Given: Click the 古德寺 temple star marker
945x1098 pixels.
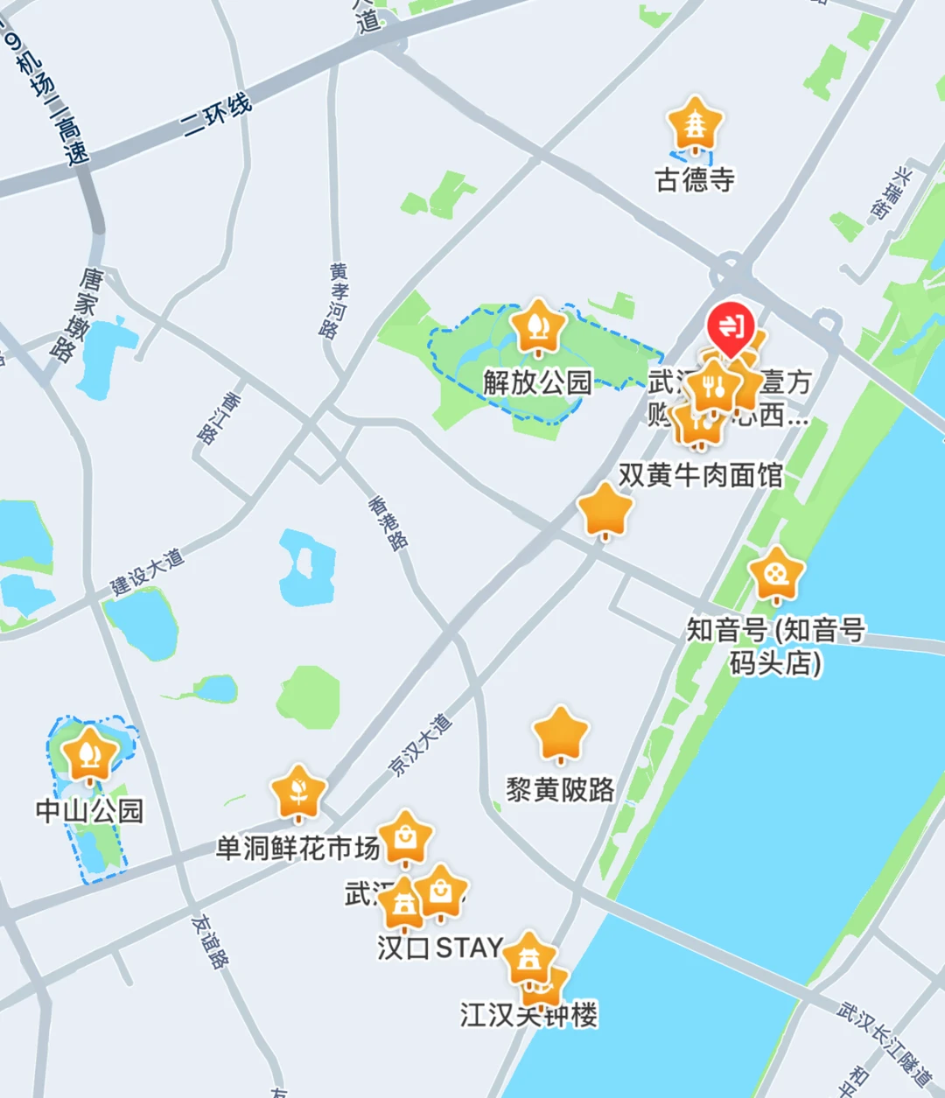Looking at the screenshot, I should (695, 124).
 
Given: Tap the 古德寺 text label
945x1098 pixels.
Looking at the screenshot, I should (695, 179).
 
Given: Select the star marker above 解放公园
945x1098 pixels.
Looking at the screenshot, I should (537, 326).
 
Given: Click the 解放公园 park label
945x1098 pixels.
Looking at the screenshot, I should (537, 382).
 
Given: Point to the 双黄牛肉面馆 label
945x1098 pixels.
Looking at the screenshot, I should (700, 475).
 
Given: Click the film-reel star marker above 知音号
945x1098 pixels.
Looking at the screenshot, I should (775, 574).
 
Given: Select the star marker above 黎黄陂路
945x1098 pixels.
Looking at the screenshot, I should (560, 733).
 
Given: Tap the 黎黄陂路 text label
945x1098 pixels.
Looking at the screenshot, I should (560, 790).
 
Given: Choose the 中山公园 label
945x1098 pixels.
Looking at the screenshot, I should (89, 811).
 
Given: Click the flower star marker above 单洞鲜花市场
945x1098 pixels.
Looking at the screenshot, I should (298, 792).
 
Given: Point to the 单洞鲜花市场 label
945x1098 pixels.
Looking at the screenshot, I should (297, 848).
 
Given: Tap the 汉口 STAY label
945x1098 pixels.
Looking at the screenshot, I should (439, 948).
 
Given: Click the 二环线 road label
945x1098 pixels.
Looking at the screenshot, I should (217, 115).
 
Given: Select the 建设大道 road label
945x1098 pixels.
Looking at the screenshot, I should (147, 572).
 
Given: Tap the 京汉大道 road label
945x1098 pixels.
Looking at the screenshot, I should (421, 745).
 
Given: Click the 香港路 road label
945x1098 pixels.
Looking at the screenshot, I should (388, 523).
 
